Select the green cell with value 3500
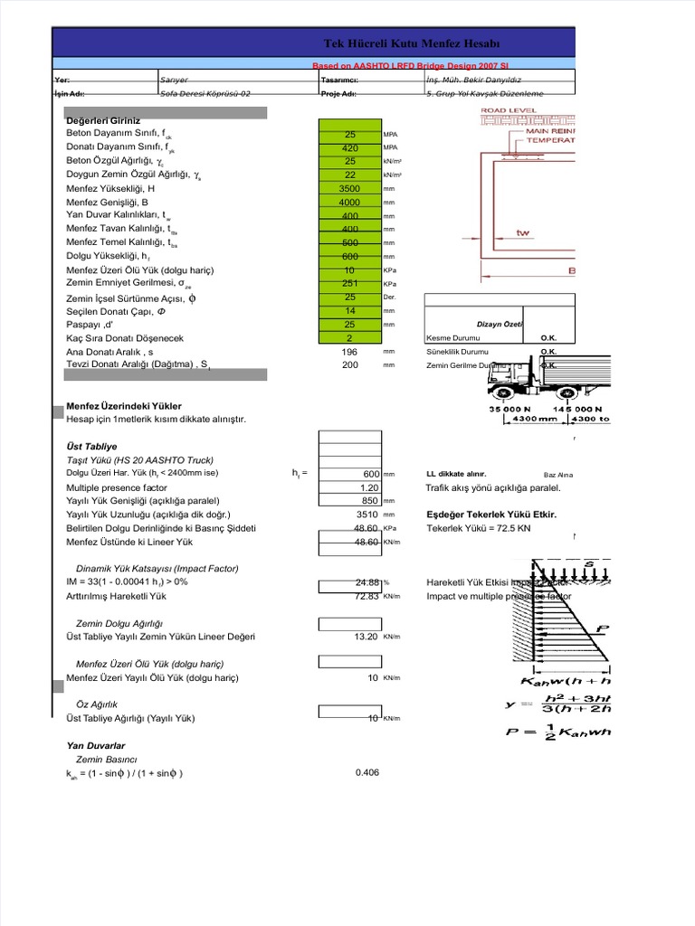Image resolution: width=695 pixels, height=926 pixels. (x=349, y=188)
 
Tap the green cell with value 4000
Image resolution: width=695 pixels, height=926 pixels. (x=349, y=203)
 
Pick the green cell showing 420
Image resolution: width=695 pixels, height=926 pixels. (x=349, y=147)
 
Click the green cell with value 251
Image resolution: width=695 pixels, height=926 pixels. (x=349, y=283)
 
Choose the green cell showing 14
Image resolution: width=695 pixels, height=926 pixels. (x=349, y=310)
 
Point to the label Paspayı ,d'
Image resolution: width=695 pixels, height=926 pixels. (x=90, y=324)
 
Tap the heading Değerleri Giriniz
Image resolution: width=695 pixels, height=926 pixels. (x=104, y=119)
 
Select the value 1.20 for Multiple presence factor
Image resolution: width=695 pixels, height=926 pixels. (x=366, y=487)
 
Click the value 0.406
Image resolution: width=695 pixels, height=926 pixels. (x=367, y=772)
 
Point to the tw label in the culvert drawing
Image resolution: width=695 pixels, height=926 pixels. (x=522, y=232)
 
